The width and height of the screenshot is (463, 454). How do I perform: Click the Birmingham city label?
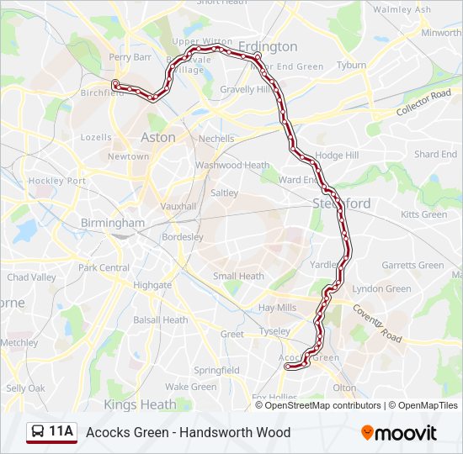tap(112, 223)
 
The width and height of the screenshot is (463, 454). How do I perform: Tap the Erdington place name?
tap(268, 46)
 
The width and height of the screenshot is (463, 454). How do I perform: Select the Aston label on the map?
tap(158, 137)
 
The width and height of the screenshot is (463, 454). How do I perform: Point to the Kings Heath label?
tap(140, 404)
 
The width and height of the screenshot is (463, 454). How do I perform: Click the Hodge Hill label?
tap(336, 156)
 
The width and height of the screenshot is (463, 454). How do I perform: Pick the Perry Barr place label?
tap(130, 57)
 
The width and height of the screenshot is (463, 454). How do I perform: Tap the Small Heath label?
tap(238, 276)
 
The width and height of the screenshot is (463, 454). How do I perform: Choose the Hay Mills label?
tap(277, 308)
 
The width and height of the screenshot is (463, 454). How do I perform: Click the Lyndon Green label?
tap(381, 288)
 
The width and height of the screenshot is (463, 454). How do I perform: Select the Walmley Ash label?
tap(402, 10)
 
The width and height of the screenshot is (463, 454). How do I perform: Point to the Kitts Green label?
tap(423, 214)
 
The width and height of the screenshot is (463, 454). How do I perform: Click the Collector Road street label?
tap(424, 105)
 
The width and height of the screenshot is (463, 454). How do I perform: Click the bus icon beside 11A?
tap(38, 432)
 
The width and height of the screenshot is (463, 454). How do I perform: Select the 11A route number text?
tap(61, 432)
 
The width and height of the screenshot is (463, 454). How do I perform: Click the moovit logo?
tap(399, 432)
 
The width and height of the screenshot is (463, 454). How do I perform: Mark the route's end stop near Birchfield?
tap(115, 83)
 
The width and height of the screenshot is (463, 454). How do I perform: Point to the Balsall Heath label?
tap(160, 319)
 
